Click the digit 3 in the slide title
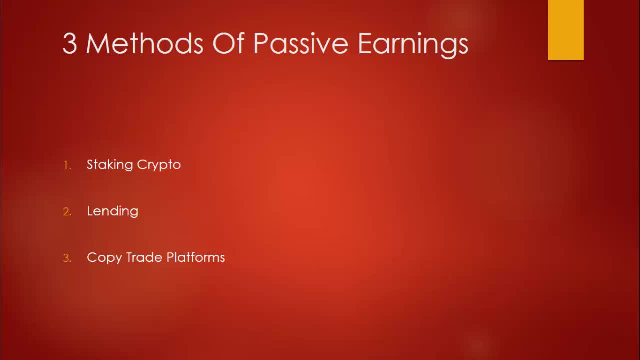[70, 44]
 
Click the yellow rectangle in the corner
[565, 30]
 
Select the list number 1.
[67, 165]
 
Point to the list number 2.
[67, 212]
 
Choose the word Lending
[112, 211]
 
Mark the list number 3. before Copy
[67, 258]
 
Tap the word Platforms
[196, 257]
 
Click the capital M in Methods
[97, 44]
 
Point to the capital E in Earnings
[365, 44]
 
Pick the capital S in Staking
[90, 164]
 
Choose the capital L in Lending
[90, 211]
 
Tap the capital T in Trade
[129, 257]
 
